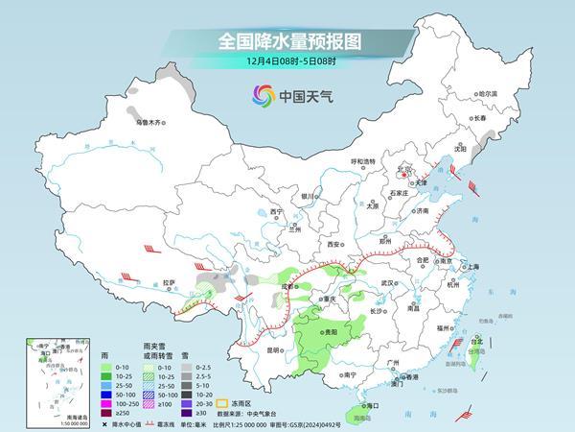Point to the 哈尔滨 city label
tap(488, 93)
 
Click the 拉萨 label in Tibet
tap(170, 282)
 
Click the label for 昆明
tap(275, 350)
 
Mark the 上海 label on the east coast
tap(472, 266)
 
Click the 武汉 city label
tap(388, 284)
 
